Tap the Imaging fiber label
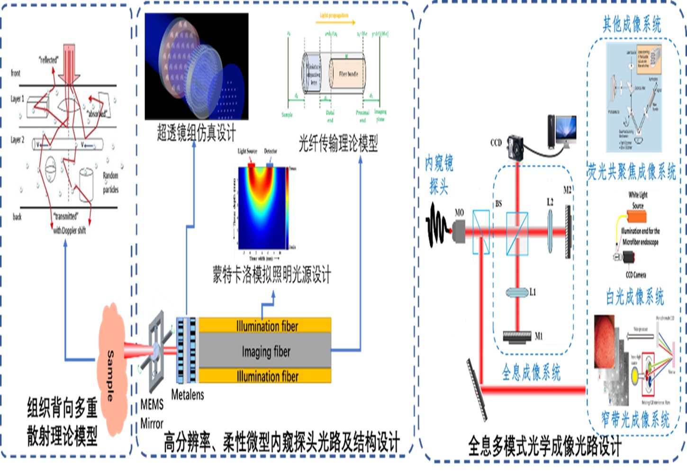click(266, 352)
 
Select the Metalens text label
click(188, 395)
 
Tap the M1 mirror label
click(539, 336)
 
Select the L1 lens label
click(533, 292)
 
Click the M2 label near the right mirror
click(567, 190)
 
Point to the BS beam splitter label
click(498, 204)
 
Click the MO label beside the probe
click(459, 213)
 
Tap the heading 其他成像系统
click(632, 24)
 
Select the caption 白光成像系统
click(635, 297)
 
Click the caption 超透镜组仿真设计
click(196, 133)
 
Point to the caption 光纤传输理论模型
click(338, 143)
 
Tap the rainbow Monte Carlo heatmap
click(262, 208)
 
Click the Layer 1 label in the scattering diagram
click(17, 99)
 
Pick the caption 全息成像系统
click(531, 373)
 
